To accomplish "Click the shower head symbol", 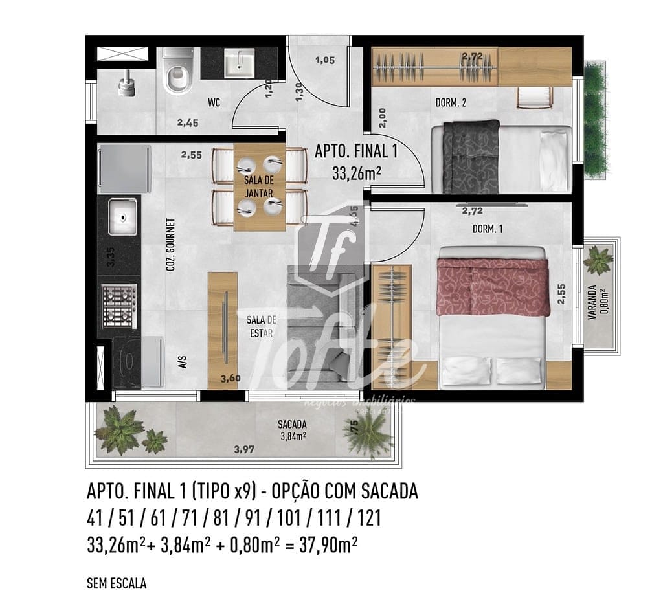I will pyautogui.click(x=126, y=81).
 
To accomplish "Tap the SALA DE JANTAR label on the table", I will pyautogui.click(x=258, y=186).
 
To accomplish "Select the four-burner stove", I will pyautogui.click(x=120, y=306).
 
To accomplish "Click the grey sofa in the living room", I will pyautogui.click(x=324, y=324).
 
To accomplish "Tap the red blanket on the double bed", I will pyautogui.click(x=493, y=285).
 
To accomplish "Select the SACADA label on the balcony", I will pyautogui.click(x=292, y=425).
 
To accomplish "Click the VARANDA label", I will pyautogui.click(x=592, y=304).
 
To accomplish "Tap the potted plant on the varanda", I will pyautogui.click(x=598, y=260).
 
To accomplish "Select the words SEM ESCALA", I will pyautogui.click(x=117, y=583).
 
